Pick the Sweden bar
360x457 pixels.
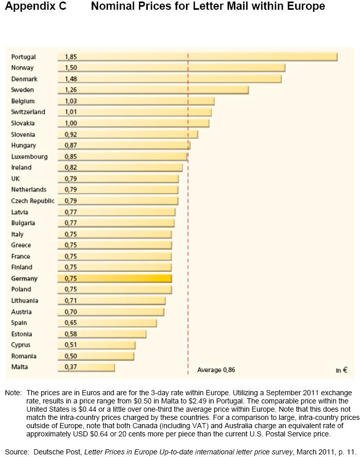[x=155, y=90]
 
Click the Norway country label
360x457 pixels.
[x=22, y=68]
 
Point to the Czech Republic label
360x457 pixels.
[x=32, y=201]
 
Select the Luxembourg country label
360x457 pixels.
[x=29, y=156]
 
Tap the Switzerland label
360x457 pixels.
[x=28, y=112]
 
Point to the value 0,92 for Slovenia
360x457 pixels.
[x=71, y=134]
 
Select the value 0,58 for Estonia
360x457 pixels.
[x=71, y=334]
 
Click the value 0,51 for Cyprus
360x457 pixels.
[x=71, y=345]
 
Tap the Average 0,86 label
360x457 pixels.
[x=216, y=370]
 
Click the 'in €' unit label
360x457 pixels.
[x=341, y=370]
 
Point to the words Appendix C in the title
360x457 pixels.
[x=33, y=7]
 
